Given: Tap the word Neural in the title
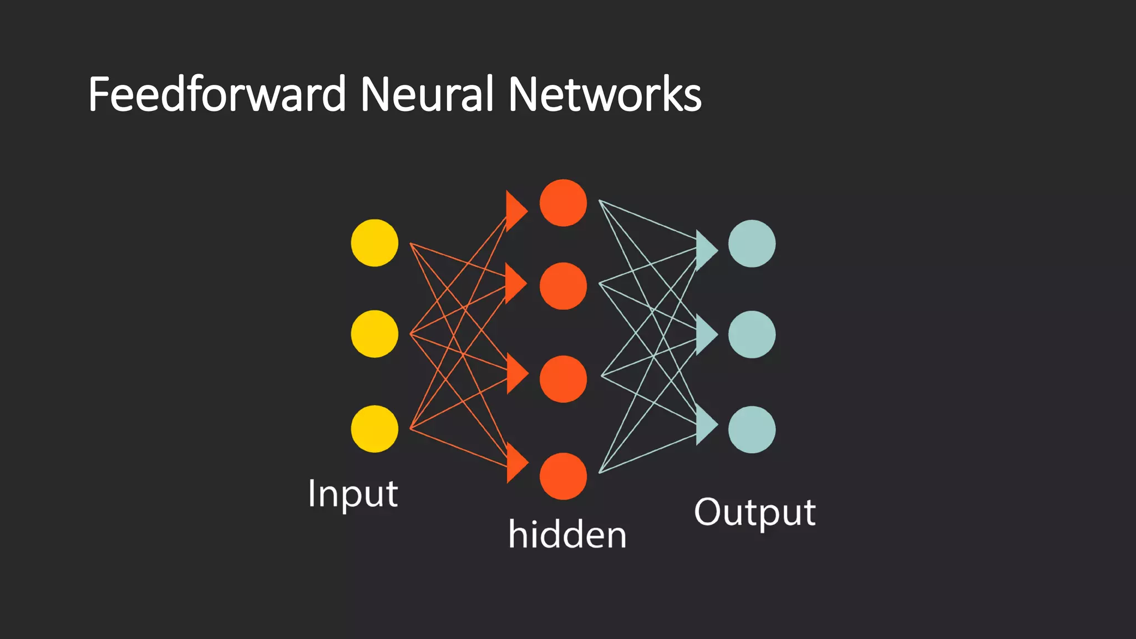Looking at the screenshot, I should tap(427, 94).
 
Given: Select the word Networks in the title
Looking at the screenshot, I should tap(605, 94).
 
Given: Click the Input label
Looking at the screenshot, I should tap(353, 494).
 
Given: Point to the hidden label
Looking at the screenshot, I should tap(567, 535).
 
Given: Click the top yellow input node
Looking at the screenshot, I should tap(374, 243).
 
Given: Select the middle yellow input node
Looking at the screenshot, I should tap(374, 334).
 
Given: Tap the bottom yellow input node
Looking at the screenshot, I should tap(374, 429).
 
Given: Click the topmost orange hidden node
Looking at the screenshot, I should tap(563, 203).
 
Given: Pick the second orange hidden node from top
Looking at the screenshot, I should tap(563, 286).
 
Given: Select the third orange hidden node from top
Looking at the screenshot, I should tap(563, 379).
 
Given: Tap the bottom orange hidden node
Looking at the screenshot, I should tap(563, 476).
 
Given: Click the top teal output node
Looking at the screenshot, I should tap(752, 244).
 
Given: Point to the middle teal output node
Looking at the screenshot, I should tap(752, 334).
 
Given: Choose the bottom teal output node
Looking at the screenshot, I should tap(752, 430).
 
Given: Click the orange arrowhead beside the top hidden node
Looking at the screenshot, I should tap(515, 211).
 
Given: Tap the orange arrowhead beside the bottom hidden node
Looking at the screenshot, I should tap(516, 463).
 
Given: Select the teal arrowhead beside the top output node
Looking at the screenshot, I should tap(706, 251).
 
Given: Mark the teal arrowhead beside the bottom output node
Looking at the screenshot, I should tap(706, 425).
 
